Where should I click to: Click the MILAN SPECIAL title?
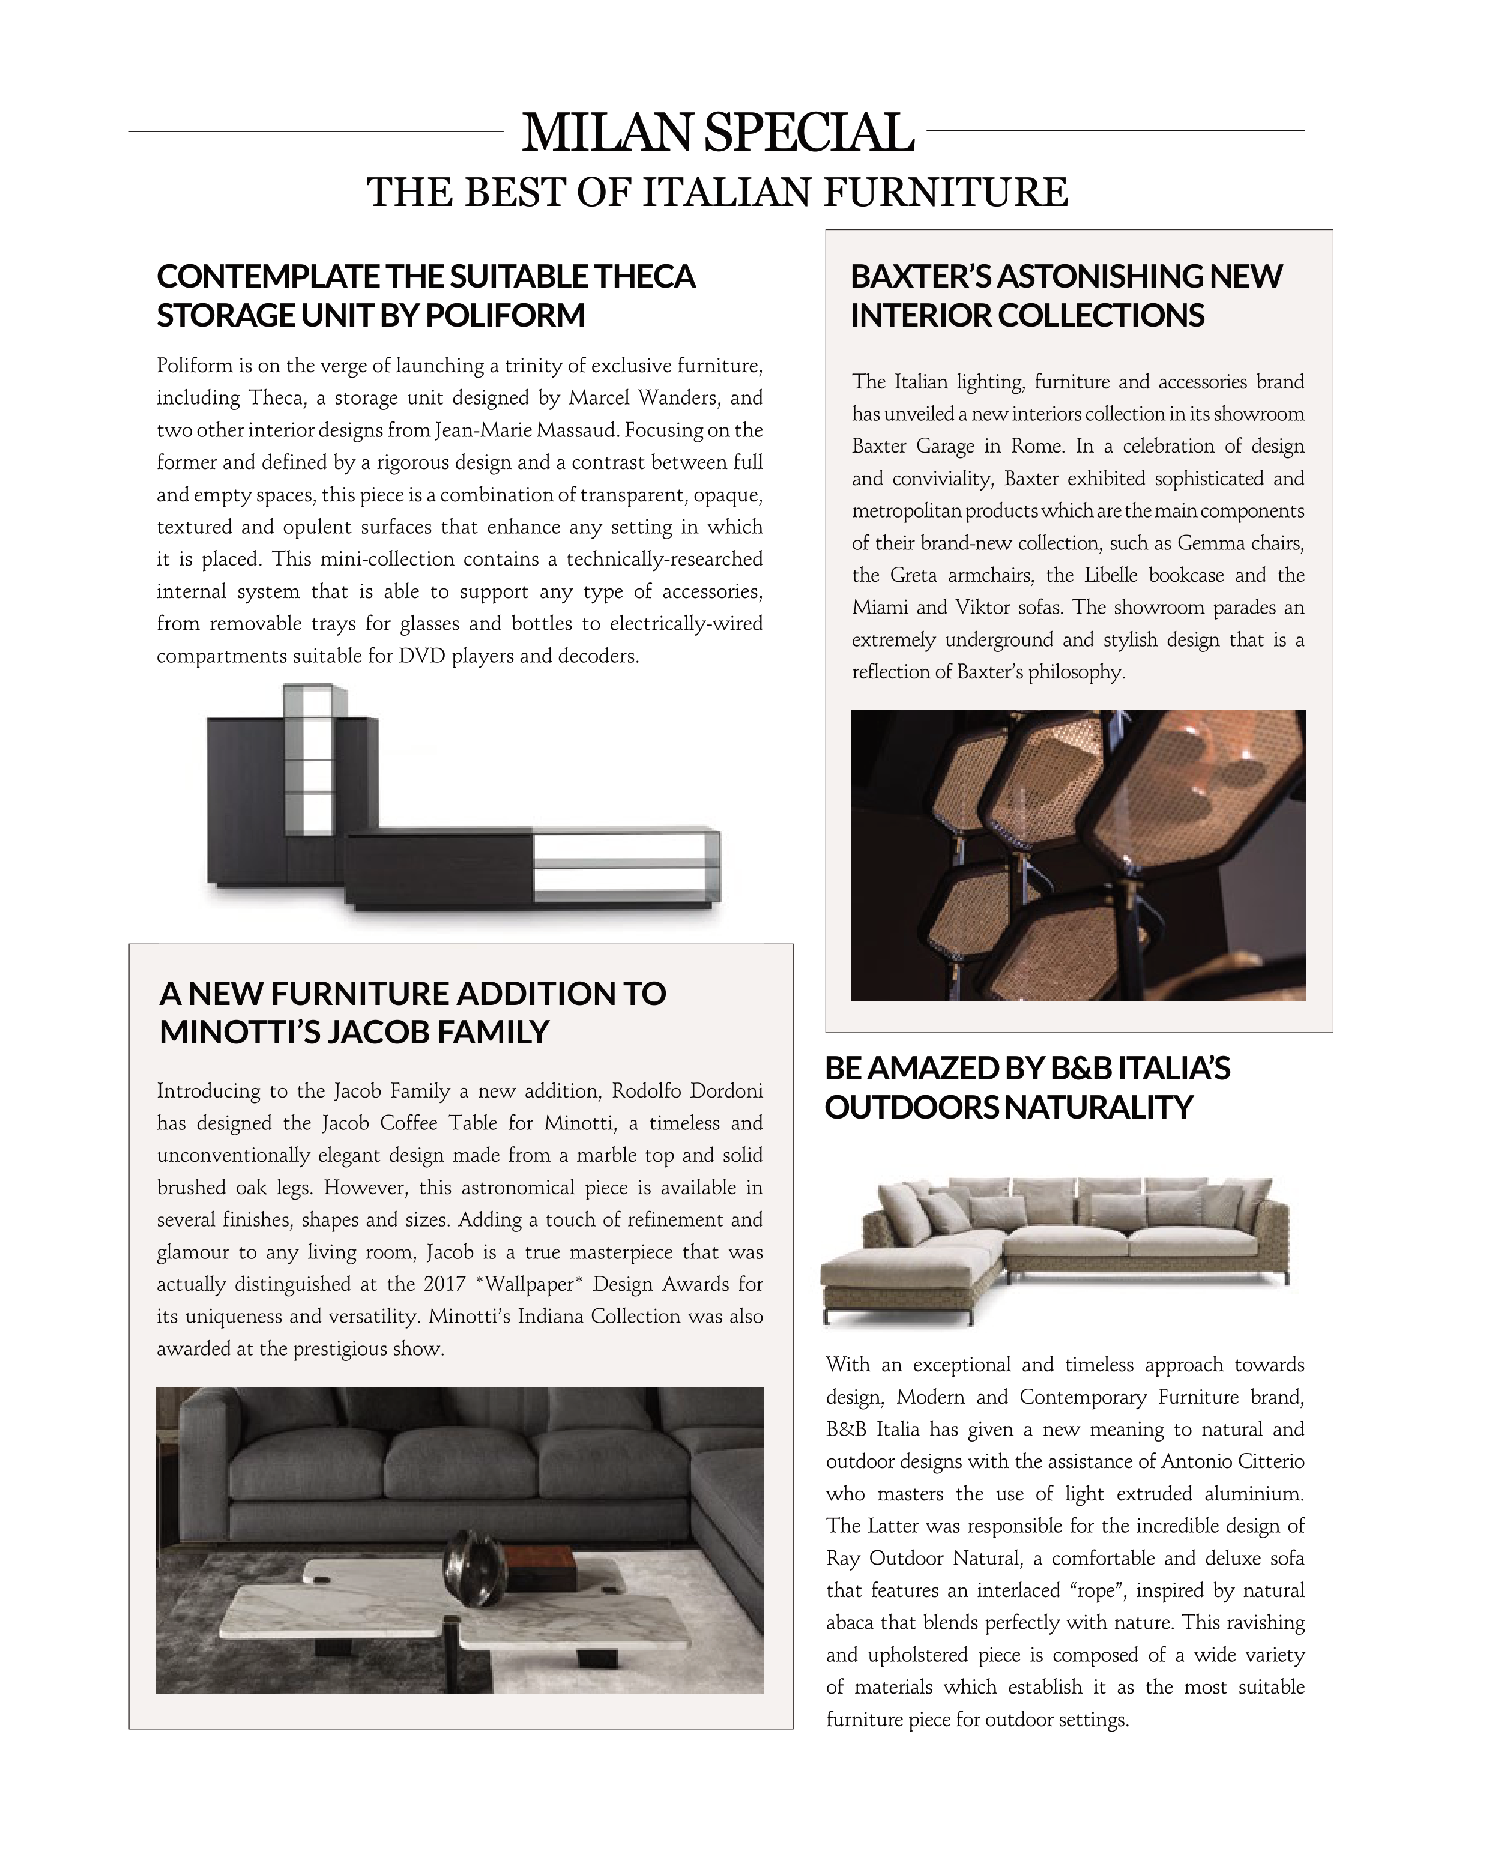(717, 133)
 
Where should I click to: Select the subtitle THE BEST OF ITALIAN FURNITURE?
(717, 192)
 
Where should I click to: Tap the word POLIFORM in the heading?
(505, 316)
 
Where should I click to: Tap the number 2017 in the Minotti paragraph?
(444, 1284)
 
